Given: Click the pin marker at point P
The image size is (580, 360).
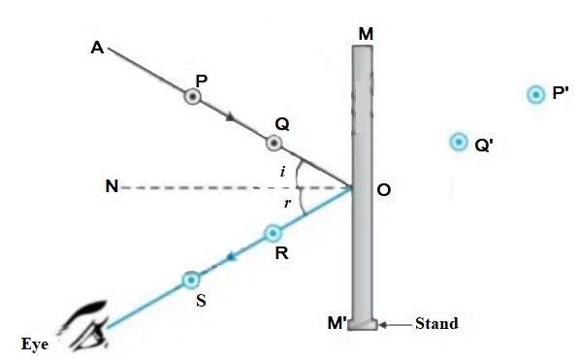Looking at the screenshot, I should coord(194,97).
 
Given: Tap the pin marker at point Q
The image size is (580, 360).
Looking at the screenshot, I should coord(274,144).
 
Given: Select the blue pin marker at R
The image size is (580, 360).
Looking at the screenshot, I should coord(274,233).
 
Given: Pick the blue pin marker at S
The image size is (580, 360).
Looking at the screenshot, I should coord(191,280).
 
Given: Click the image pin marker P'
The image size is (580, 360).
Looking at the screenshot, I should coord(535,94).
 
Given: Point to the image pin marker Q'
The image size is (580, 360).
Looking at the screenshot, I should coord(459,142).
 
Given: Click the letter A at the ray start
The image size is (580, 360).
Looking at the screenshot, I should coord(97,47).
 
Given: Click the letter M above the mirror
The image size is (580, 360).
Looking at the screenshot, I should coord(365,33).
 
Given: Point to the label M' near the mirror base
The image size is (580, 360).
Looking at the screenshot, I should coord(338,324).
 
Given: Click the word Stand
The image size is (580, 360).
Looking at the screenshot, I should coord(435,323).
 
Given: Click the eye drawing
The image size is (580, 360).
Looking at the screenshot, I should coord(85,324).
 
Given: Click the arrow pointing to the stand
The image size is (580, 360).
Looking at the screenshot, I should coord(394,323).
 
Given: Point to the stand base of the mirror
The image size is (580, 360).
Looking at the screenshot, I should coord(363,324).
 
